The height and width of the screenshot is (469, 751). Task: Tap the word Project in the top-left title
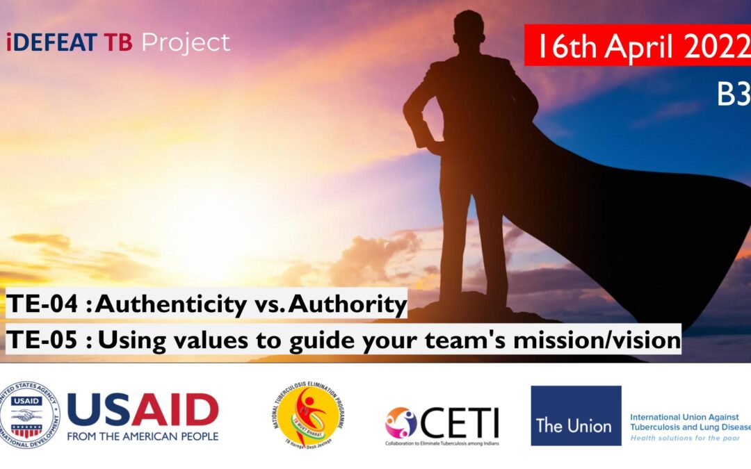[x=186, y=43]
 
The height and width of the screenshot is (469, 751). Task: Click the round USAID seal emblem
[x=30, y=415]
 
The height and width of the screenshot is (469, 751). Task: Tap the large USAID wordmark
[x=143, y=410]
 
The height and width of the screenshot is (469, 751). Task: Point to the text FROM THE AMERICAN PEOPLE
[x=143, y=436]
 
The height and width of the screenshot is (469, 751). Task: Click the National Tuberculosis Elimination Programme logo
[x=308, y=415]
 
